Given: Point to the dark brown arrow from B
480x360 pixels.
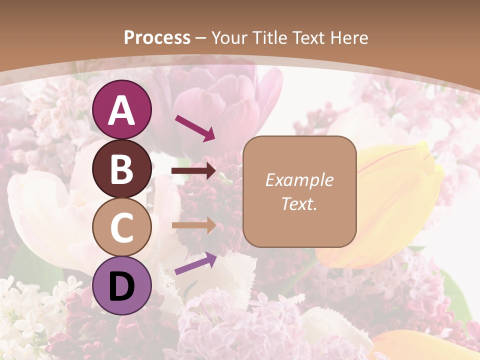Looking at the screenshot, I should click(x=193, y=171).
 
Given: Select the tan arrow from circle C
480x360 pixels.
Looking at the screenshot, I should click(x=194, y=225).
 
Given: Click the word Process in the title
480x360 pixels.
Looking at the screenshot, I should click(x=157, y=37).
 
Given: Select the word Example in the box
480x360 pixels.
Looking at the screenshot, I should click(x=299, y=179).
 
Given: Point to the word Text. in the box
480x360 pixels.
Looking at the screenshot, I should click(x=299, y=204).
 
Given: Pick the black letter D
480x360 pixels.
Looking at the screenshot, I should click(x=122, y=286).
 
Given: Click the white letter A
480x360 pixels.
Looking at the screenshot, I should click(x=122, y=110).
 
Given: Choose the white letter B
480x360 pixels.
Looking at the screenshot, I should click(x=122, y=169).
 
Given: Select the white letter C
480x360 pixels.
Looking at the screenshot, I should click(x=122, y=227).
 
